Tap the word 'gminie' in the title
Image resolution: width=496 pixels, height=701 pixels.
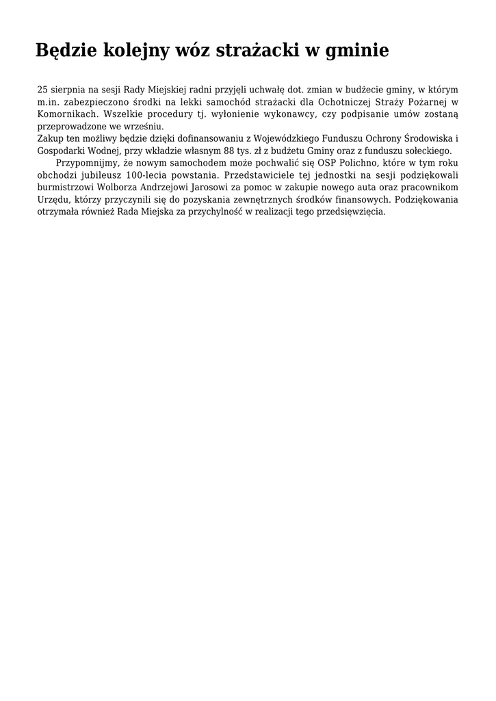click(356, 51)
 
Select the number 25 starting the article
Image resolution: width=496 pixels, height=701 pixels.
click(42, 90)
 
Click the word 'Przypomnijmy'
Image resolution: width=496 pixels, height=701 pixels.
click(87, 164)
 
